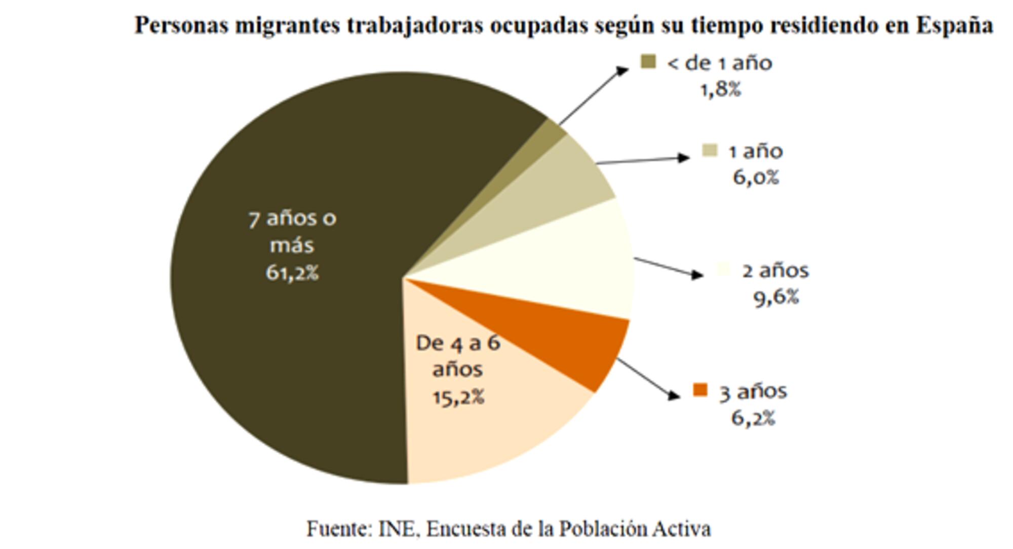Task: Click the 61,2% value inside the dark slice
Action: pyautogui.click(x=292, y=273)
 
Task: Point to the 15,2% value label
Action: pyautogui.click(x=458, y=397)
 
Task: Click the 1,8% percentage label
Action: pyautogui.click(x=720, y=90)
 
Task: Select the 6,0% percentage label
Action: pyautogui.click(x=756, y=177)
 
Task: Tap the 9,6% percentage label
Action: pyautogui.click(x=776, y=297)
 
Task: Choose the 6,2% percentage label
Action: pyautogui.click(x=753, y=418)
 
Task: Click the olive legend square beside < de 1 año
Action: pyautogui.click(x=648, y=62)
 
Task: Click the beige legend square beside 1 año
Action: pyautogui.click(x=710, y=151)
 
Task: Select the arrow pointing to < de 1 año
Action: pyautogui.click(x=593, y=96)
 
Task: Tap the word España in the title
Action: pyautogui.click(x=954, y=25)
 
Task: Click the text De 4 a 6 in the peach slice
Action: pyautogui.click(x=458, y=343)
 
